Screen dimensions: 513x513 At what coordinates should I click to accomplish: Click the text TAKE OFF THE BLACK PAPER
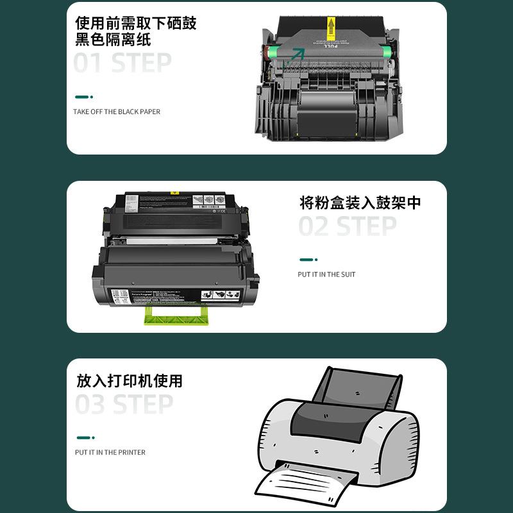pos(117,112)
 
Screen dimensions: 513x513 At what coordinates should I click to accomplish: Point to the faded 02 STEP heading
pos(348,226)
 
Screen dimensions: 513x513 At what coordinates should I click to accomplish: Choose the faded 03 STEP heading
pos(124,405)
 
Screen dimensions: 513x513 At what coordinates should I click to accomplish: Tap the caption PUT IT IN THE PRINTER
pos(110,452)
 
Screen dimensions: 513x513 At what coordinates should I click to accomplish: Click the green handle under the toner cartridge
pos(177,314)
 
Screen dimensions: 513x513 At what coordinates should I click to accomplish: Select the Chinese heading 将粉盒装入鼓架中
pos(360,203)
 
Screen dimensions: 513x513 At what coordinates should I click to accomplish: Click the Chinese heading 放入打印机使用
pos(130,381)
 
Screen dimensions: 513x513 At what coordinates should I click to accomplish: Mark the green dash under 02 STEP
pos(308,260)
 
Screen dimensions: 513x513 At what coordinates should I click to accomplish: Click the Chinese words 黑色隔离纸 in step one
pos(113,40)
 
